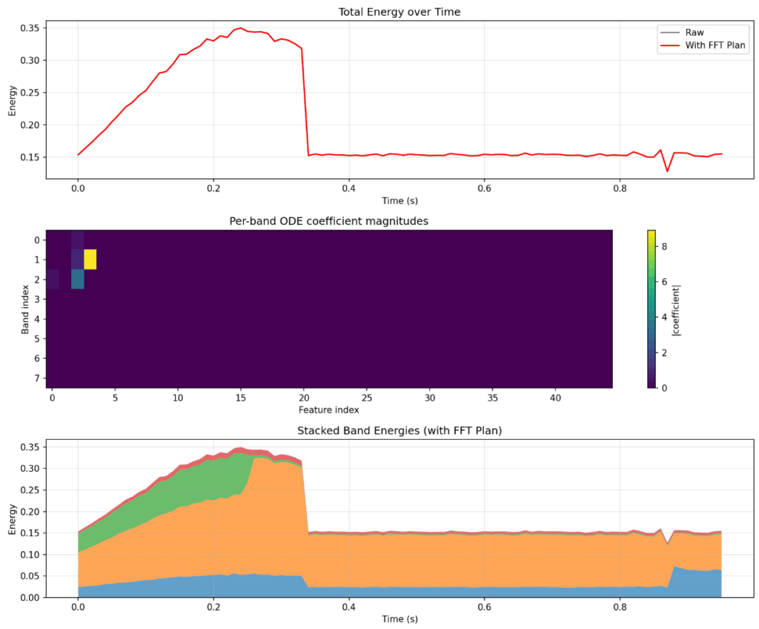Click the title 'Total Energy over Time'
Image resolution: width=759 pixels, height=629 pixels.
[x=400, y=12]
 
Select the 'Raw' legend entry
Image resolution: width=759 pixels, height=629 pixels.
[x=695, y=33]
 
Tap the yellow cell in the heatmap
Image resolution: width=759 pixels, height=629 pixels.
[x=90, y=260]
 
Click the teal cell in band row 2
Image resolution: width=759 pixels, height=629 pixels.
[x=78, y=279]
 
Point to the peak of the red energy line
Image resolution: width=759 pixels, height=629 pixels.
[x=240, y=28]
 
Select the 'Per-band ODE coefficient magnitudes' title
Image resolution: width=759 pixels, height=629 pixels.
[x=330, y=220]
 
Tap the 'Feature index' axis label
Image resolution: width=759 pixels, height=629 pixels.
[x=329, y=409]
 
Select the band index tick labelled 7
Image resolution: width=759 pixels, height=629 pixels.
[x=36, y=378]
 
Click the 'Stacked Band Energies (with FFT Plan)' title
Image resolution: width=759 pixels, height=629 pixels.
[x=400, y=430]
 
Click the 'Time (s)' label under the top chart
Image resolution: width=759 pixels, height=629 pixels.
[x=400, y=200]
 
